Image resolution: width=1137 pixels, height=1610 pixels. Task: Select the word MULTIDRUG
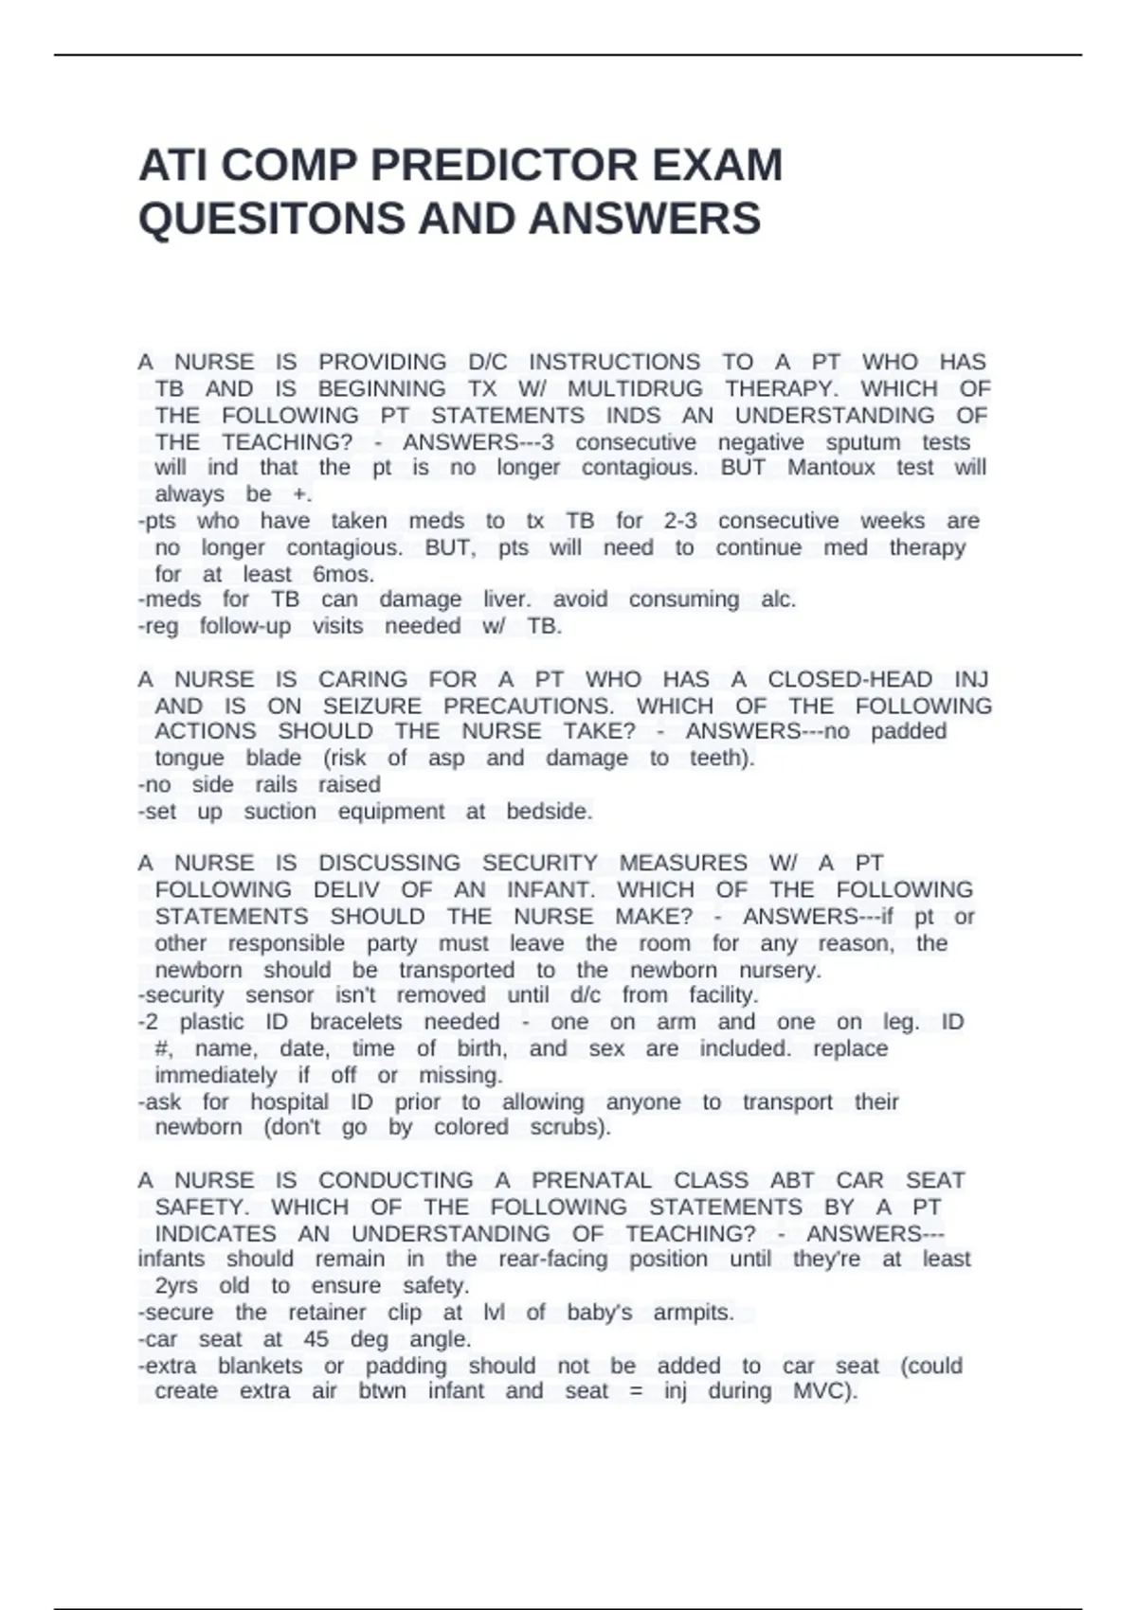(635, 388)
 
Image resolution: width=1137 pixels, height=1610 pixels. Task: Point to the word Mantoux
(831, 467)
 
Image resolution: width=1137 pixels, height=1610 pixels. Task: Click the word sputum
(862, 442)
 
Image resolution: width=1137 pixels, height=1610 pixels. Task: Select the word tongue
(189, 758)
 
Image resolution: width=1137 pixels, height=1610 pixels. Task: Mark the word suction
(280, 812)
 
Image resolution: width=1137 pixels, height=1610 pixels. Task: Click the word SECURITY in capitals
(539, 863)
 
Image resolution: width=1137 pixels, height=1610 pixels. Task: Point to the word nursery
(780, 970)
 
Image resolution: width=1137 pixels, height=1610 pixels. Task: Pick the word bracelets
(355, 1022)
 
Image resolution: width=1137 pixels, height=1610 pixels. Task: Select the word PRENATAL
(591, 1180)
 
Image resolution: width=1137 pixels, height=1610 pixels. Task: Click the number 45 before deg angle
(316, 1339)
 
